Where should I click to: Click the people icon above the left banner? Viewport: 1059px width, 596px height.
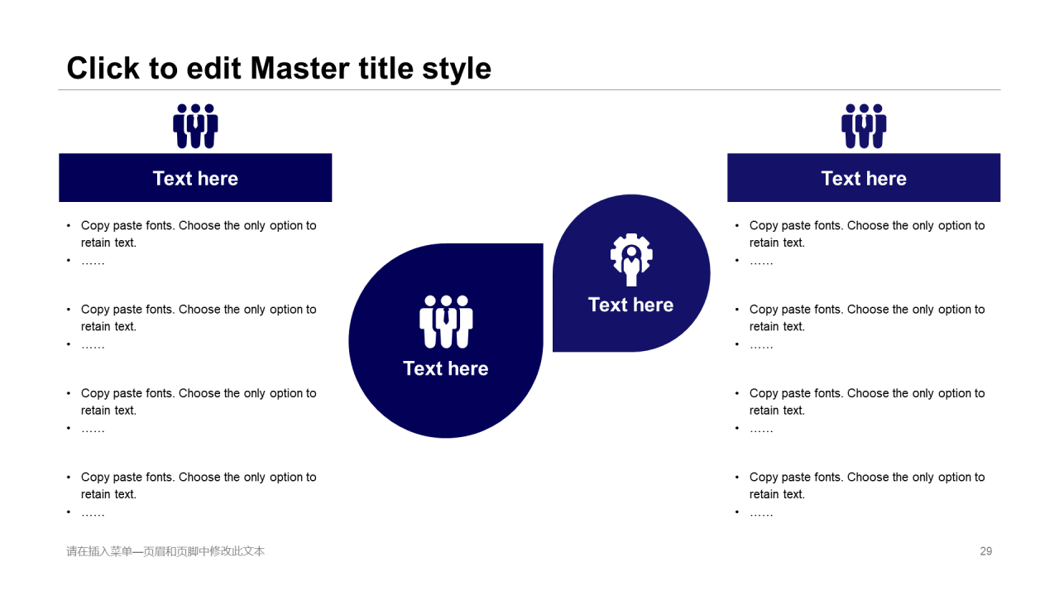tap(195, 126)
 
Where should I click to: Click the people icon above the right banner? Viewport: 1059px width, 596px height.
tap(864, 126)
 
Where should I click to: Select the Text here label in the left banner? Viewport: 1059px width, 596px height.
tap(195, 178)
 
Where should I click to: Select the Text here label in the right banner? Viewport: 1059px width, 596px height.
tap(864, 178)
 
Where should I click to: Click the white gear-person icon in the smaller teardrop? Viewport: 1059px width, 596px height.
tap(631, 260)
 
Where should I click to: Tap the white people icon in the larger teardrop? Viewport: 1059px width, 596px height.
tap(446, 322)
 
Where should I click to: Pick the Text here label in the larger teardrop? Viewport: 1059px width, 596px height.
tap(446, 368)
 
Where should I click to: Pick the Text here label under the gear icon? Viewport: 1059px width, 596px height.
tap(630, 305)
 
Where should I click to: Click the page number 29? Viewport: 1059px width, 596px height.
tap(985, 551)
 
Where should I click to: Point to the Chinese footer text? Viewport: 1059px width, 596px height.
tap(165, 551)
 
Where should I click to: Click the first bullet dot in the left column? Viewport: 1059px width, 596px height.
tap(69, 226)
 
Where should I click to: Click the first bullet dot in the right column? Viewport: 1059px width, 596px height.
tap(737, 226)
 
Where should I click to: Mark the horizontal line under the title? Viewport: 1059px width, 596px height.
tap(529, 89)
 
